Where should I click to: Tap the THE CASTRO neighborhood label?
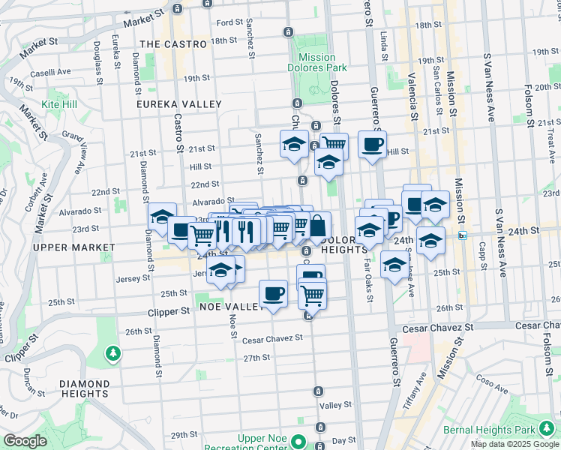tap(173, 44)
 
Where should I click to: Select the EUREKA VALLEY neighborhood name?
tap(179, 104)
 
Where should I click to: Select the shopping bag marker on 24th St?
tap(318, 225)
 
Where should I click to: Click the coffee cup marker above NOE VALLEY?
tap(273, 292)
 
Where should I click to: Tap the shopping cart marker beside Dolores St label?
tap(334, 142)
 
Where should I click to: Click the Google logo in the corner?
tap(24, 441)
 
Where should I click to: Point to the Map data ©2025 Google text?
tap(514, 444)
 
